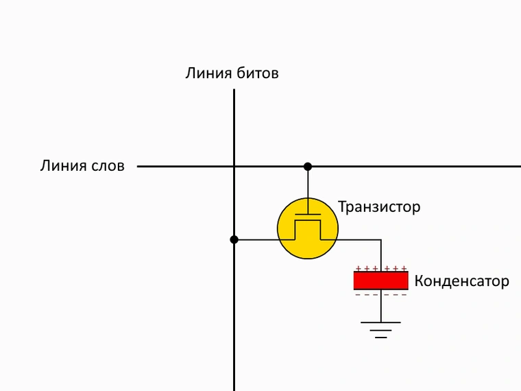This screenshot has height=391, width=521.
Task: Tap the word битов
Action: [x=258, y=73]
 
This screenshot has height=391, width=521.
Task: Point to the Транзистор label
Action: [x=379, y=207]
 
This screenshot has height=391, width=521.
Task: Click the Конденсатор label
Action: [x=462, y=281]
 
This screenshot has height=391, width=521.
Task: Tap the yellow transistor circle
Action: [x=308, y=228]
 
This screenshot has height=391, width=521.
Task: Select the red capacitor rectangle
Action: [x=380, y=281]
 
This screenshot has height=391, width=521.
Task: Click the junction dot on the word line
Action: [x=308, y=166]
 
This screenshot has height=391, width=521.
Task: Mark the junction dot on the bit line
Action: [x=234, y=239]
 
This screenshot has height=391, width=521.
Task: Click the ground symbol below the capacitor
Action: [x=380, y=330]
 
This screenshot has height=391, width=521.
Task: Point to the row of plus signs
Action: [x=381, y=268]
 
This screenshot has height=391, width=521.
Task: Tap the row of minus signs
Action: [x=381, y=294]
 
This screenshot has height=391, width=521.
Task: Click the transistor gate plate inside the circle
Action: [x=308, y=215]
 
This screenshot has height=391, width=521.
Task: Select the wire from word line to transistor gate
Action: [x=308, y=190]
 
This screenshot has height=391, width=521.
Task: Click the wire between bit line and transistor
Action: [x=256, y=239]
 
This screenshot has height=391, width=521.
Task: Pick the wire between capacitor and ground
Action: [x=380, y=306]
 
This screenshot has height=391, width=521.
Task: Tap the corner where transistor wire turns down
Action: [x=380, y=239]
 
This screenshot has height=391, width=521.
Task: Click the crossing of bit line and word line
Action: [x=234, y=166]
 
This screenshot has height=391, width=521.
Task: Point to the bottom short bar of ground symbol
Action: [x=380, y=337]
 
